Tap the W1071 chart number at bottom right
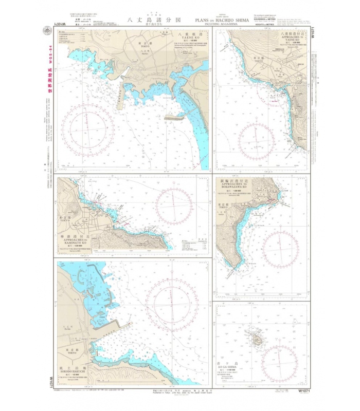pos(300,391)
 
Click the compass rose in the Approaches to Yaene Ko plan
pos(256,140)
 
